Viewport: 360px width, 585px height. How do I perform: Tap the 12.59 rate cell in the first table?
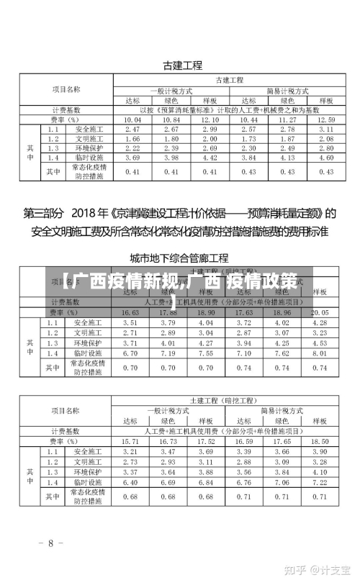click(325, 119)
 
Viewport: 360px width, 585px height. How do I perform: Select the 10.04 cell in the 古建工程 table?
click(132, 119)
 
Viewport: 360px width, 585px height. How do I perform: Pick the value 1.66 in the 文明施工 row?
click(132, 138)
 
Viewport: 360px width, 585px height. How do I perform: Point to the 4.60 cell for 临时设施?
click(325, 157)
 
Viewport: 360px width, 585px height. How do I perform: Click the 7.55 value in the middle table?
click(210, 353)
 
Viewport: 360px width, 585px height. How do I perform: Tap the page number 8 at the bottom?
click(50, 543)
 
